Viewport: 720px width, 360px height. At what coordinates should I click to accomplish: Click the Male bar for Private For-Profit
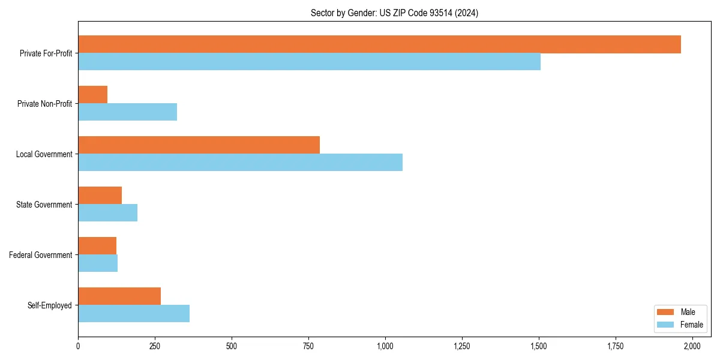(x=379, y=44)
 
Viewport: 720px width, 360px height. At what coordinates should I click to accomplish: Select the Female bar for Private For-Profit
(x=309, y=62)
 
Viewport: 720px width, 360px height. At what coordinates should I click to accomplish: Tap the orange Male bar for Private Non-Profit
(x=92, y=95)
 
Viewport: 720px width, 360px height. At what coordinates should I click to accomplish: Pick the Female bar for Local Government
(x=240, y=163)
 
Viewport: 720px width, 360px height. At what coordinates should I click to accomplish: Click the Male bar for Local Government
(x=199, y=145)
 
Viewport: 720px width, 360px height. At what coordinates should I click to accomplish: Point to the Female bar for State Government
(x=107, y=213)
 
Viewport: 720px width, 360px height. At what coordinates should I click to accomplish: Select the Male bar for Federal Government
(x=97, y=246)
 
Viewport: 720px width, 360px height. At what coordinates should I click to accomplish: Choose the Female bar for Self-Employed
(x=134, y=314)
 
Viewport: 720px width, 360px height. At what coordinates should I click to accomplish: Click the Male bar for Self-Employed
(x=119, y=296)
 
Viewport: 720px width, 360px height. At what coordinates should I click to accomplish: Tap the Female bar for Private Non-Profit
(x=127, y=112)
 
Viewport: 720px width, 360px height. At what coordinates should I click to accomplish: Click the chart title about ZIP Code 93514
(x=394, y=13)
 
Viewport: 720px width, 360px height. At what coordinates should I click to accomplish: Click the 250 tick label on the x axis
(x=155, y=346)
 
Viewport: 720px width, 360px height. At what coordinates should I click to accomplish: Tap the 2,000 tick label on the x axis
(x=692, y=346)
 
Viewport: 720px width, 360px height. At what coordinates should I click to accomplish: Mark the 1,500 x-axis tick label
(x=539, y=346)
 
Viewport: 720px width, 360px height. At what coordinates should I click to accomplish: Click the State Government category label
(x=44, y=205)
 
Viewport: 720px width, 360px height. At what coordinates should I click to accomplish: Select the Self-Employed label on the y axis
(x=49, y=305)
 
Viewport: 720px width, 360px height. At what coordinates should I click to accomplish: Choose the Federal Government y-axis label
(x=41, y=255)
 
